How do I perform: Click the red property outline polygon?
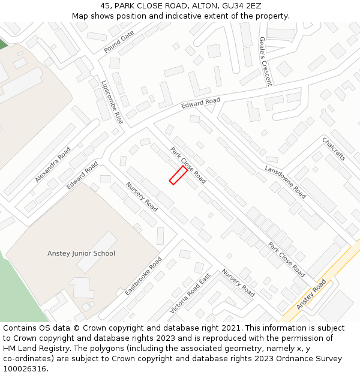coord(178,175)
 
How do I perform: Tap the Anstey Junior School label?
coord(81,253)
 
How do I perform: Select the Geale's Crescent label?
coord(265,61)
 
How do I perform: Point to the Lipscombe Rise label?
coord(112,103)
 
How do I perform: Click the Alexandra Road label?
coord(53,164)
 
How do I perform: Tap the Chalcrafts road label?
coord(334,149)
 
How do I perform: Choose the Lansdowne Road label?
coord(286,182)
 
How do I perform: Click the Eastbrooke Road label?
coord(143,276)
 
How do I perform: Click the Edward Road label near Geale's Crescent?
coord(201,103)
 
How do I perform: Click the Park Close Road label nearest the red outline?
coord(188,165)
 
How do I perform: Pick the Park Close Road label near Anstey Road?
coord(286,259)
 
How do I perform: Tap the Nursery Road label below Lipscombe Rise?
coord(142,197)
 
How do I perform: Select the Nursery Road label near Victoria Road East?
coord(238,283)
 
